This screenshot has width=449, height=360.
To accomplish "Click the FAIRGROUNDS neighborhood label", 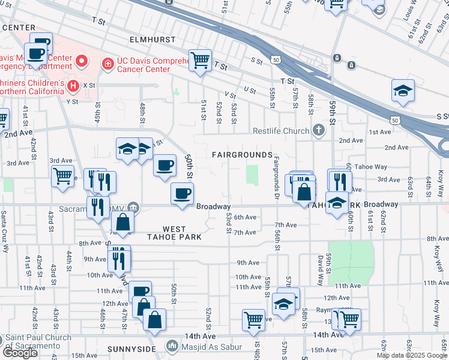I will tap(242, 155).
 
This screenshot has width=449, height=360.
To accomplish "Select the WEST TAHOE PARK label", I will tap(173, 233).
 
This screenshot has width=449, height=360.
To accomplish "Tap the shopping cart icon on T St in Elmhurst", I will tap(200, 59).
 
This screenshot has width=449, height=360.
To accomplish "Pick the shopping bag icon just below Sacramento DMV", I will tap(122, 221).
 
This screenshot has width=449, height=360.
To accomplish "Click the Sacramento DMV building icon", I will tap(133, 208).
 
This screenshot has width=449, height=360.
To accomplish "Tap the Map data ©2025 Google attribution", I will tap(411, 355).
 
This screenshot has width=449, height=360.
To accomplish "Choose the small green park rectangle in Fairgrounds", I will tap(253, 176).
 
